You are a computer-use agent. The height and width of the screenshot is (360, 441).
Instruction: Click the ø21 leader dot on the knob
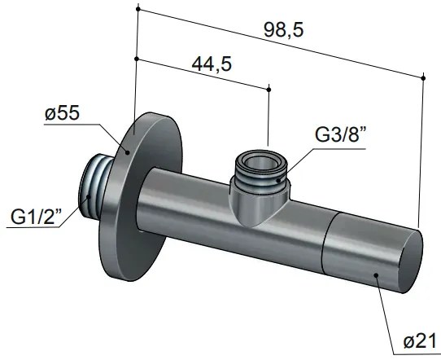pyautogui.click(x=376, y=274)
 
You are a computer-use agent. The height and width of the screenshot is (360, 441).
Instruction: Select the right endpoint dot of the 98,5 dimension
pyautogui.click(x=425, y=77)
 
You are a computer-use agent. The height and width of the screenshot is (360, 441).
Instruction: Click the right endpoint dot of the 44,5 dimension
pyautogui.click(x=268, y=88)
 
